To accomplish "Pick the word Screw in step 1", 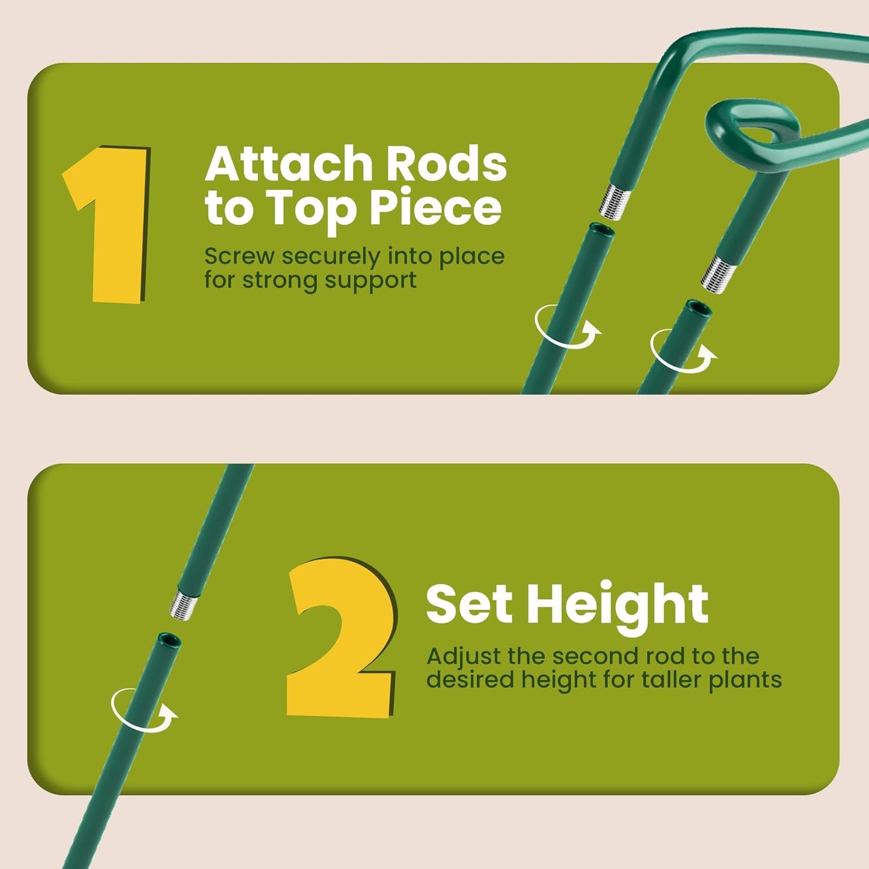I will [x=239, y=256].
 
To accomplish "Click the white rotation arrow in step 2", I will [x=144, y=711].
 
